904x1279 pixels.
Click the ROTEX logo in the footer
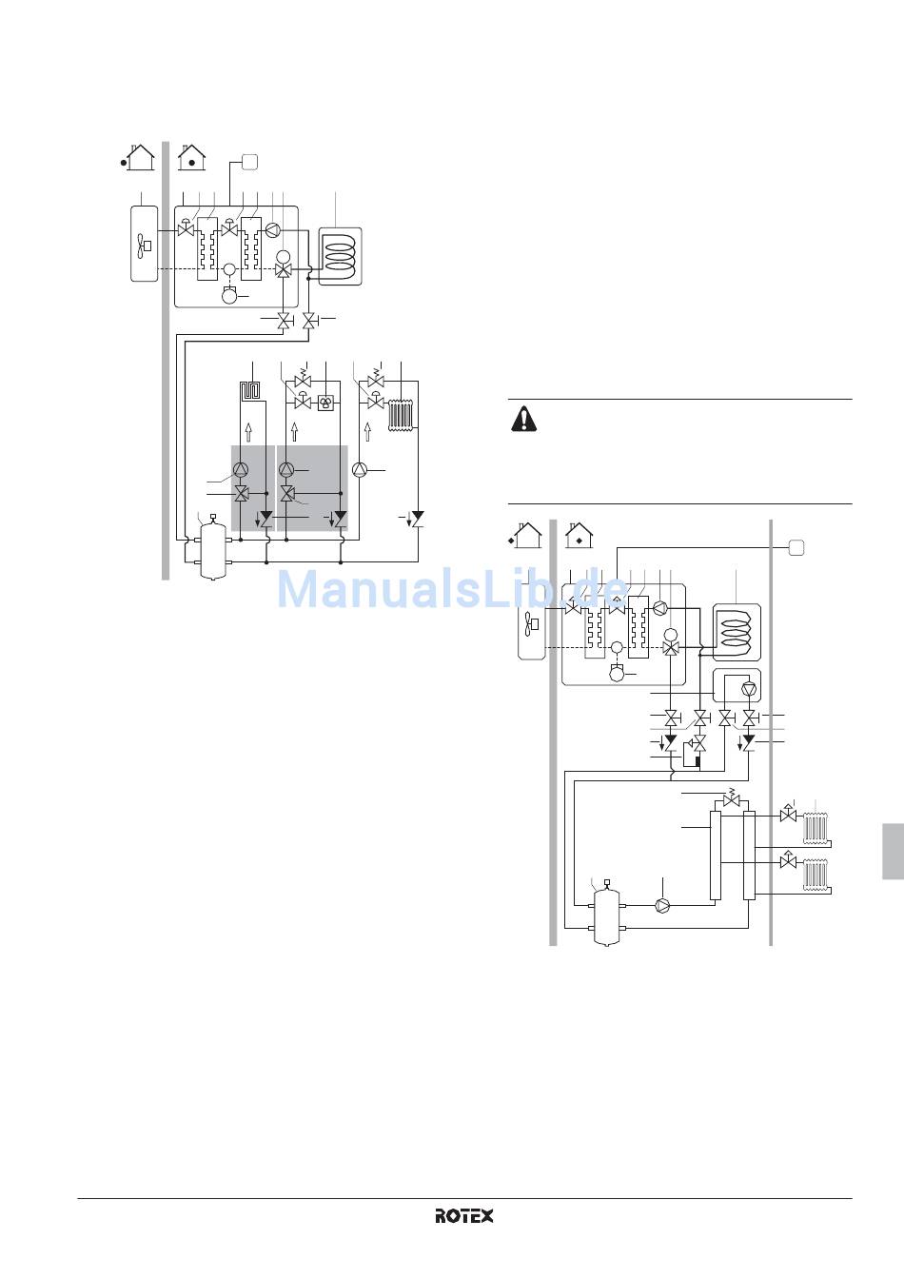(465, 1215)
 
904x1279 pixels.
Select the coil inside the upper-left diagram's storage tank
(341, 253)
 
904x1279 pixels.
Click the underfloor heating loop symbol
(250, 391)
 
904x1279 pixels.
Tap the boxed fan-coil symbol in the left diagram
(325, 402)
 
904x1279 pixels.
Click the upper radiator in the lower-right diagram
(816, 827)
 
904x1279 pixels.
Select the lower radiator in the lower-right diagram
(816, 875)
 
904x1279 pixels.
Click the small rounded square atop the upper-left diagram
(249, 161)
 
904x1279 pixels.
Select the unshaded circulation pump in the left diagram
(360, 470)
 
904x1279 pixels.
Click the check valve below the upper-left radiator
(417, 519)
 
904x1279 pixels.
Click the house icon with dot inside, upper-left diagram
(192, 156)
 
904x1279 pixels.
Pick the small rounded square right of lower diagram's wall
(796, 546)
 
